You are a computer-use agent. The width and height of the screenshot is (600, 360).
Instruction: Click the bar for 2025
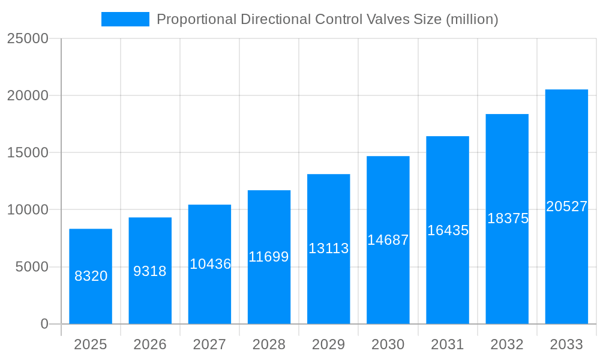click(91, 276)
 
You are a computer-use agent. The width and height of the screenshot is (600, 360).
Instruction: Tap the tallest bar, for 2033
click(566, 206)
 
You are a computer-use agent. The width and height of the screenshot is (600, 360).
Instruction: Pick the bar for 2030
click(388, 240)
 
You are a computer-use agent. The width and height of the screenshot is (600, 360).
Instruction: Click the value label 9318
click(150, 271)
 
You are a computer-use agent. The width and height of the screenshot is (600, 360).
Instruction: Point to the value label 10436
click(210, 264)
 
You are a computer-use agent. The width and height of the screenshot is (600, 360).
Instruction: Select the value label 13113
click(328, 248)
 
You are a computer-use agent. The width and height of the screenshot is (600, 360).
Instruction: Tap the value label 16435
click(448, 230)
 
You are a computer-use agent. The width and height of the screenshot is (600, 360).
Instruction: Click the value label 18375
click(508, 218)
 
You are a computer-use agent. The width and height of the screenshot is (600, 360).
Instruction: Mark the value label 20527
click(566, 206)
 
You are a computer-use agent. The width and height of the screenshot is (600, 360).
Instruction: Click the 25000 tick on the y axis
click(27, 38)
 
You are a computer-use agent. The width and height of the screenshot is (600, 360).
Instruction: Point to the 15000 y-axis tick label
click(27, 152)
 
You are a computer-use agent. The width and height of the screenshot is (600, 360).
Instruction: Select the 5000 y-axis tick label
click(31, 267)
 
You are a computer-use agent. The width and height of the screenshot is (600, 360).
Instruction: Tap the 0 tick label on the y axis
click(44, 324)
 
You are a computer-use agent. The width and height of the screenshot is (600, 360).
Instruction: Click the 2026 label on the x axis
click(150, 344)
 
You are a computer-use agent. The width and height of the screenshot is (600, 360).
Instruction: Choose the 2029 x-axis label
click(328, 344)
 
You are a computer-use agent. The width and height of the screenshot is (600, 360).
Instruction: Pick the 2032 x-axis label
click(507, 344)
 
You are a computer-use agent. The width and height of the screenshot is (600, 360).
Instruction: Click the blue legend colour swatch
click(125, 19)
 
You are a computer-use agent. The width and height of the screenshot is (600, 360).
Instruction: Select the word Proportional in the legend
click(196, 19)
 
